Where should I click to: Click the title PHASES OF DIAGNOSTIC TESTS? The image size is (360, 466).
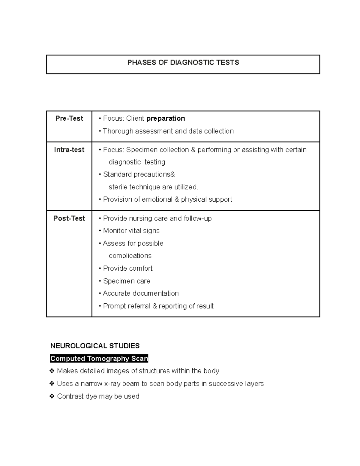pyautogui.click(x=183, y=62)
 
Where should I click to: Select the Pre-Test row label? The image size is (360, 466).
pyautogui.click(x=69, y=119)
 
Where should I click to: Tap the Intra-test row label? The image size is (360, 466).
pyautogui.click(x=69, y=150)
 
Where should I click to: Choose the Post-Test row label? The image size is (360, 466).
pyautogui.click(x=69, y=218)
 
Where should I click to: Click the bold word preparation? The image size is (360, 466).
pyautogui.click(x=166, y=119)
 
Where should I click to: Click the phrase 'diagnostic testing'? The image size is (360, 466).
pyautogui.click(x=137, y=162)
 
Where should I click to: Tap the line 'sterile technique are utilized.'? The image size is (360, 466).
pyautogui.click(x=153, y=187)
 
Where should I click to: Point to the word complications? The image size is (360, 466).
pyautogui.click(x=130, y=256)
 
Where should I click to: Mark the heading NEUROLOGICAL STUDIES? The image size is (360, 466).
pyautogui.click(x=95, y=346)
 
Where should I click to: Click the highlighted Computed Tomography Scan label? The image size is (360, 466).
pyautogui.click(x=99, y=359)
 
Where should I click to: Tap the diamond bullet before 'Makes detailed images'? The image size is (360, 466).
pyautogui.click(x=52, y=371)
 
